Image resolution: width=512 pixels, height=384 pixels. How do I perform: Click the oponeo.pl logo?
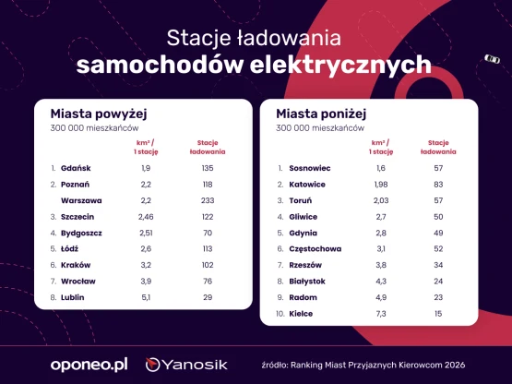(x=89, y=365)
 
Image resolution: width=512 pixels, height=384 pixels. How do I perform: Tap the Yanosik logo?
(x=186, y=365)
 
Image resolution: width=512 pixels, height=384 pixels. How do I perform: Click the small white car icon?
(x=492, y=59)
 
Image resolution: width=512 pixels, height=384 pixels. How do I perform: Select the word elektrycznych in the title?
(x=340, y=65)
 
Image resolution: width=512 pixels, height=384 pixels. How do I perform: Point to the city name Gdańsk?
(x=76, y=168)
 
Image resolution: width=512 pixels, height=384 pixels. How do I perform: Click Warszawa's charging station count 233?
(x=208, y=200)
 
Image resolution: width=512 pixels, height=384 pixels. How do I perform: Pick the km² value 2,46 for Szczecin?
(x=146, y=217)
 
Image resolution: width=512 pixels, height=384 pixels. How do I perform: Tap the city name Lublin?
(x=73, y=297)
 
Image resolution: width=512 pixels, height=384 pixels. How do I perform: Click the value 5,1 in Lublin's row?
(x=146, y=297)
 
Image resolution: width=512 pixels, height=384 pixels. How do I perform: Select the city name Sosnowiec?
(x=310, y=168)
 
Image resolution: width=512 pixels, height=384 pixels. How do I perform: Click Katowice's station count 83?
(x=438, y=185)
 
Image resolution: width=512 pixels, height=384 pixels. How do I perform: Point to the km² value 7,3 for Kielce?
(x=381, y=314)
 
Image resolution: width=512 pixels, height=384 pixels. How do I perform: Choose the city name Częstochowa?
(x=316, y=248)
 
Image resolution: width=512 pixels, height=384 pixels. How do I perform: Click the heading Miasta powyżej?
(x=99, y=114)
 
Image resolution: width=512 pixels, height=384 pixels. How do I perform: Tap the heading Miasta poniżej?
(x=321, y=114)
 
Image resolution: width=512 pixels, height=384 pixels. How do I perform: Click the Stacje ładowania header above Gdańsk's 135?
(x=208, y=147)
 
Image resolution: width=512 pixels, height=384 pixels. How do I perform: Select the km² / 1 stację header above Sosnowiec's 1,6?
(x=381, y=147)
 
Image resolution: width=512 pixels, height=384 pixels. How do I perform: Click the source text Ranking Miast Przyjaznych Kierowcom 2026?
(x=378, y=365)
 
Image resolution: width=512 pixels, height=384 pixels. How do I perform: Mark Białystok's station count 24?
(x=438, y=281)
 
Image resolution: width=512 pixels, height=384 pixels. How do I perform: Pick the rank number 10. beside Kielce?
(x=280, y=314)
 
